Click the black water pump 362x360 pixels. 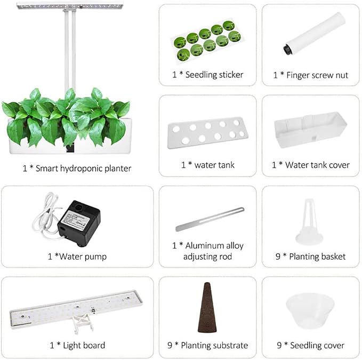point(79,222)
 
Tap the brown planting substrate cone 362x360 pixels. point(207,307)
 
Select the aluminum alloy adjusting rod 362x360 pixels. point(210,219)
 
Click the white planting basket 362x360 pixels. point(309,221)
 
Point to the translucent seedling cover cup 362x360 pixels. point(310,310)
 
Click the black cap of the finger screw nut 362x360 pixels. point(287,49)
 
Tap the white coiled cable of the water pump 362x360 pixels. point(46,217)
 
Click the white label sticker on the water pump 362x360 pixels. point(76,221)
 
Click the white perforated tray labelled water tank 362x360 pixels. point(207,132)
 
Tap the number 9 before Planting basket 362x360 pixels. point(278,257)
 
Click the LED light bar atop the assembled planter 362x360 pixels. point(70,6)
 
